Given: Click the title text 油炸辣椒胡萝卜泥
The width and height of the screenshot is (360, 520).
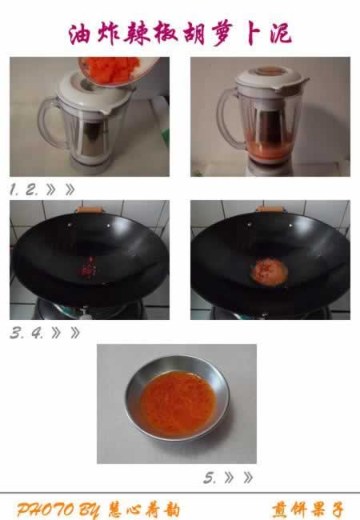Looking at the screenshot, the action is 180,34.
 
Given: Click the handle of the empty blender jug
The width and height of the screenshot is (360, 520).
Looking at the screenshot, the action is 50,122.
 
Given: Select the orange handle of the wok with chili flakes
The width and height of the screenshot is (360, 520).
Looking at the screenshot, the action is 90,210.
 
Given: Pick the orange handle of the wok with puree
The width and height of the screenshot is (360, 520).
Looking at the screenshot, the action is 270,209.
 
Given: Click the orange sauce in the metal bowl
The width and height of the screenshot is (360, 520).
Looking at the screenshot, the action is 178,403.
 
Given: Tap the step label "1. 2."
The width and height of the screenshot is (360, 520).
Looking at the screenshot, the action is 24,190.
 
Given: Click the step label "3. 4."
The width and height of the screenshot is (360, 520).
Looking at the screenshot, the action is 27,333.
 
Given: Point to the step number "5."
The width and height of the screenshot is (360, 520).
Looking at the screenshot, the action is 210,478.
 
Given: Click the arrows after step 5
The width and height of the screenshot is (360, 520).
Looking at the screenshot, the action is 238,478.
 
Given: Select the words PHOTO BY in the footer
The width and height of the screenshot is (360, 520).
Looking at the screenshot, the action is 58,510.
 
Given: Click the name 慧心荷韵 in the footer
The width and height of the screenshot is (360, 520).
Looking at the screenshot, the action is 144,510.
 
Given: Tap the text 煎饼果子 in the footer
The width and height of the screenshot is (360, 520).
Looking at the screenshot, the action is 308,510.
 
